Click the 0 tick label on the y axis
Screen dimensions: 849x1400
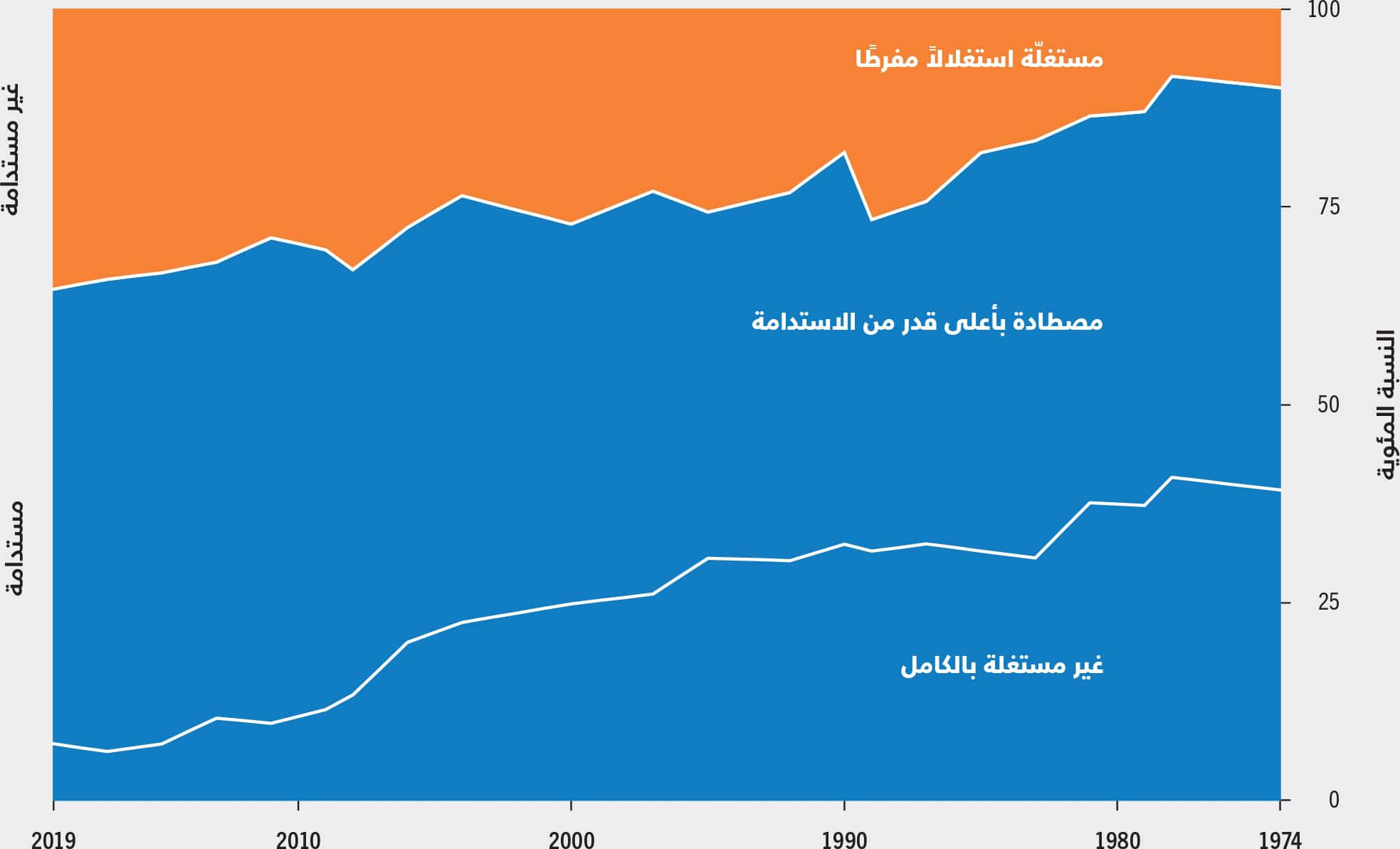[x=1334, y=800]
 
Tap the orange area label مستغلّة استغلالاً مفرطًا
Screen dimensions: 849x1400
[x=979, y=57]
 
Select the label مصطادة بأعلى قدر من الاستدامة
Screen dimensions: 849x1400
[x=927, y=321]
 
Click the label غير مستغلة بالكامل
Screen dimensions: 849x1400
[x=1001, y=665]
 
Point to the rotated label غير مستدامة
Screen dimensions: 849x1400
[x=12, y=148]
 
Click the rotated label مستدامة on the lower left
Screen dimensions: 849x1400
[x=14, y=548]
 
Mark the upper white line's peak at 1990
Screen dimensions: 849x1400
[x=844, y=152]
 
